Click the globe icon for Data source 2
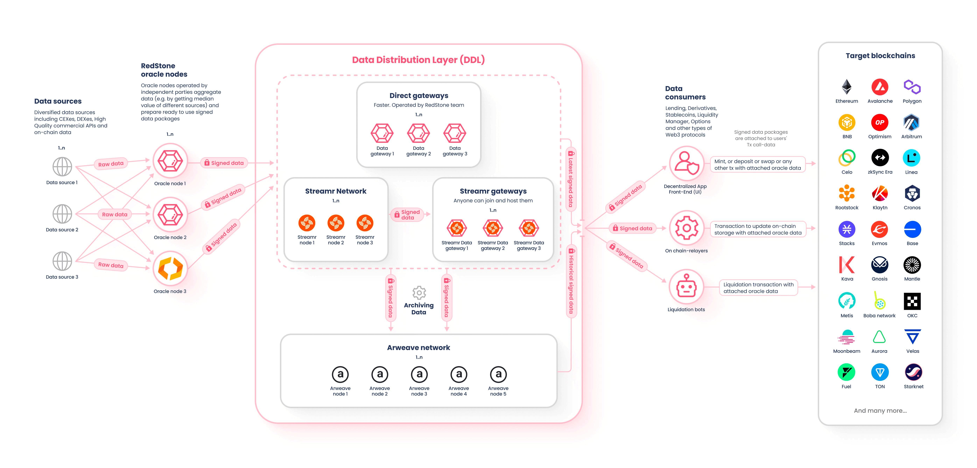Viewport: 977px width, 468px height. [62, 214]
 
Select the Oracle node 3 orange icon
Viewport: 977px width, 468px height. [170, 268]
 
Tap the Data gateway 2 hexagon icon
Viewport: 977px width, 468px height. [418, 133]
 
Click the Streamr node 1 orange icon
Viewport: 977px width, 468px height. [307, 223]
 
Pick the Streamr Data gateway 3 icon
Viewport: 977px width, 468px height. [529, 228]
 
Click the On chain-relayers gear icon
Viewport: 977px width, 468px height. [687, 228]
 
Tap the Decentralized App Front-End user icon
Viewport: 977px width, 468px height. [687, 163]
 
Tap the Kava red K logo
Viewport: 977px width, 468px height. [846, 265]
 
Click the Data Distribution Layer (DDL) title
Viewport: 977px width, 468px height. [418, 60]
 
